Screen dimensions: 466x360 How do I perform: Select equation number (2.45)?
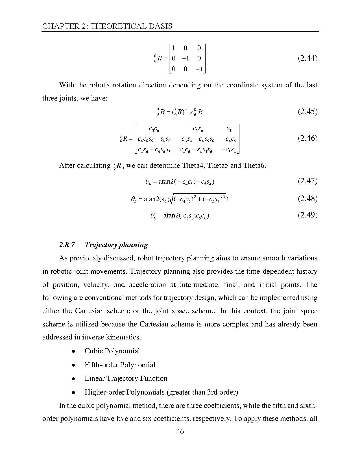(x=308, y=112)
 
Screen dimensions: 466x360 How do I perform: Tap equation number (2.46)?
(x=308, y=138)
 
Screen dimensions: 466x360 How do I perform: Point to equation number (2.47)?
(x=308, y=181)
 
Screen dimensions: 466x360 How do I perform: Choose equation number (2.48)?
(x=308, y=199)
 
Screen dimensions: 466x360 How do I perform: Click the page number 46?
(x=180, y=432)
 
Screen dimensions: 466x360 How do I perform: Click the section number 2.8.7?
(x=67, y=245)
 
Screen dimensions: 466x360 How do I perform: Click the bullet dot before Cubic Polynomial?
(x=73, y=352)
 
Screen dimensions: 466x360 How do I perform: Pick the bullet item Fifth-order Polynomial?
(x=120, y=365)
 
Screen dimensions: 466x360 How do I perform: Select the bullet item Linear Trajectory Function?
(x=126, y=378)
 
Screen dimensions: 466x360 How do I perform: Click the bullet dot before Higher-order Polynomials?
(x=73, y=393)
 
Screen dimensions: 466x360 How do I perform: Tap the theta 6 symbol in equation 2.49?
(x=153, y=216)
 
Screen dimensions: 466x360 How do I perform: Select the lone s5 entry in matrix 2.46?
(x=229, y=129)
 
